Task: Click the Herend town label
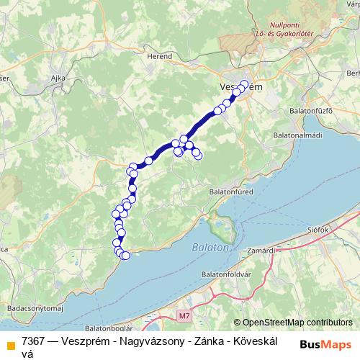click(x=160, y=55)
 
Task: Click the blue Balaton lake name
click(x=210, y=247)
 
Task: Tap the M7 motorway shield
click(x=185, y=315)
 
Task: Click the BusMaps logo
click(x=325, y=342)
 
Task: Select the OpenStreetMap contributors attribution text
click(x=297, y=323)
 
